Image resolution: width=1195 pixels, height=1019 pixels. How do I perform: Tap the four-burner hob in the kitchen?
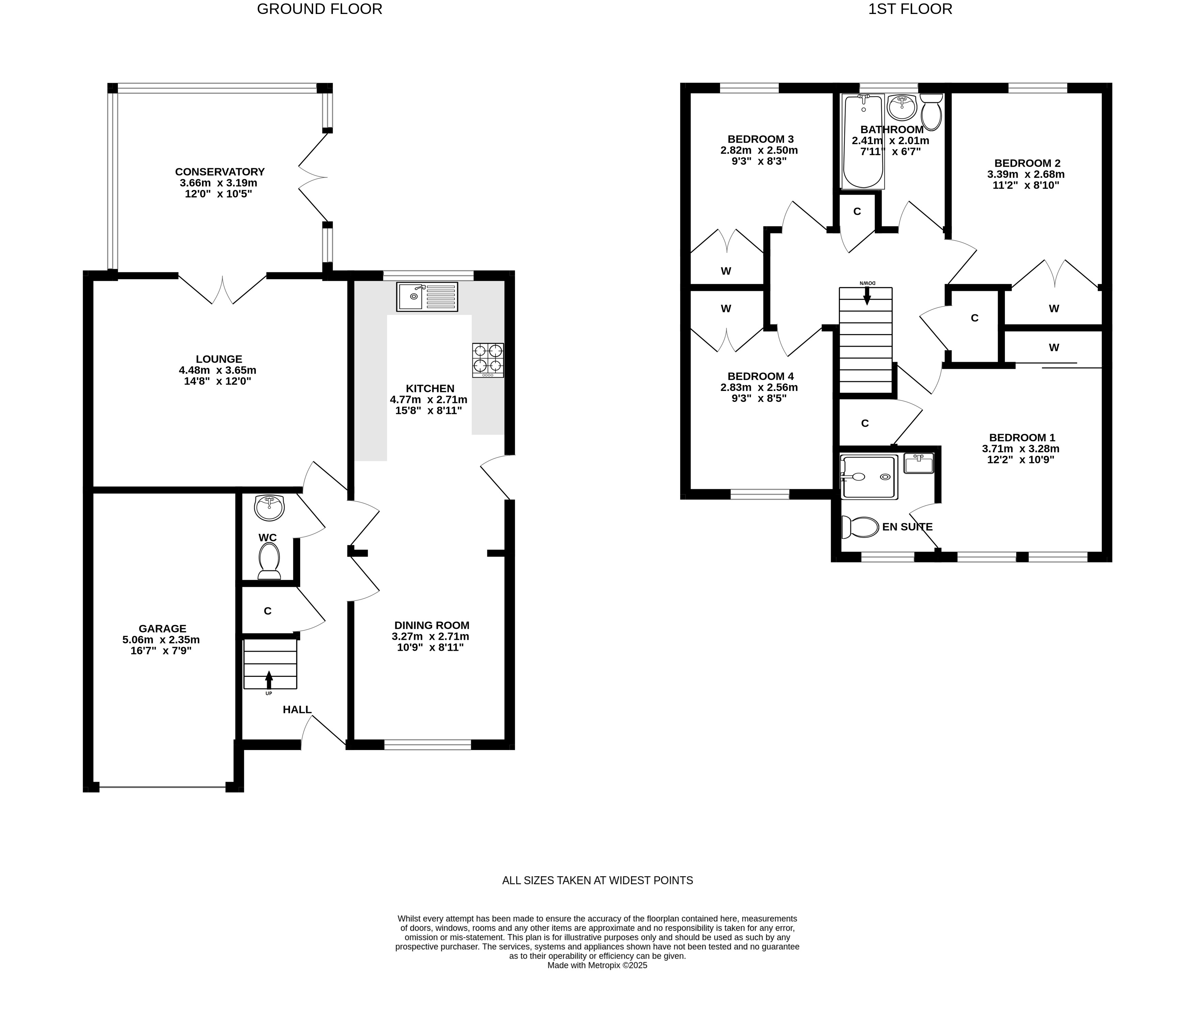(488, 361)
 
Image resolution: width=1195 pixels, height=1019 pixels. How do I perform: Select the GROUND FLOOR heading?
(320, 9)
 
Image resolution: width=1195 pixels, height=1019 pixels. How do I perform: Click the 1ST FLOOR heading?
(910, 9)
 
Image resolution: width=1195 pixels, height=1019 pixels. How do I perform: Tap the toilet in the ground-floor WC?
(269, 561)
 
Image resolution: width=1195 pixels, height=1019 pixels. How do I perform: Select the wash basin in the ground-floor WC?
(269, 507)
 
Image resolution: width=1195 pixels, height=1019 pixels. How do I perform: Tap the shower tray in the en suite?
(870, 477)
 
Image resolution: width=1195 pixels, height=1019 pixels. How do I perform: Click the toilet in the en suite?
(860, 527)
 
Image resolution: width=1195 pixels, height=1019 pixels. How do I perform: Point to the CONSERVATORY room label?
(220, 172)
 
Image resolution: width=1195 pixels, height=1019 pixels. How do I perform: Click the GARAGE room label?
(162, 628)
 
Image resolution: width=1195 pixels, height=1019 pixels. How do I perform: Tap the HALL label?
(297, 709)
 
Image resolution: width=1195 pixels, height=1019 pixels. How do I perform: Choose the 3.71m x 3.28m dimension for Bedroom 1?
(1021, 448)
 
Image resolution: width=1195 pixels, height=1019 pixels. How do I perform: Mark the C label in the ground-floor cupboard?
(267, 611)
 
